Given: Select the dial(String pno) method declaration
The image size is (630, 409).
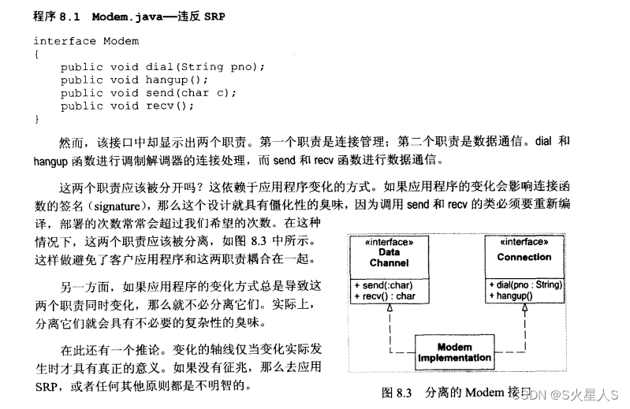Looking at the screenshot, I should (x=162, y=67).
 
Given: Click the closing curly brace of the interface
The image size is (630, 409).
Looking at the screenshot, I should (x=36, y=119).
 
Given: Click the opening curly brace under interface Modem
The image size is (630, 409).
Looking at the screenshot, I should (x=36, y=54).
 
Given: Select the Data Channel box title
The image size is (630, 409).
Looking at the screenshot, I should (x=389, y=257).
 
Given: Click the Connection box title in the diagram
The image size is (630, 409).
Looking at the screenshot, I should (x=524, y=257).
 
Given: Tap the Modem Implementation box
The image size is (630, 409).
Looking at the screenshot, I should (x=454, y=352).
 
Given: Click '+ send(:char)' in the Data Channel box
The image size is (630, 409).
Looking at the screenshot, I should (x=383, y=284).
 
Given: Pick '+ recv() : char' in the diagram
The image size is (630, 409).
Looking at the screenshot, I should (x=386, y=296).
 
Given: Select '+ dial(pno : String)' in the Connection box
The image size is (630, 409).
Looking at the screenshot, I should (x=525, y=284).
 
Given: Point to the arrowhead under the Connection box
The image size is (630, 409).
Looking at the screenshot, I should (x=524, y=308).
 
